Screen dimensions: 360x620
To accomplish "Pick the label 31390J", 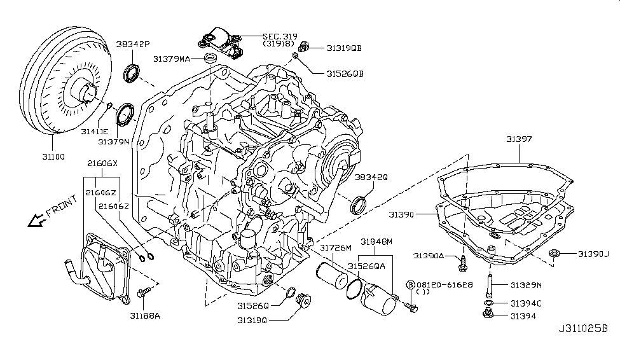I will click(x=593, y=254).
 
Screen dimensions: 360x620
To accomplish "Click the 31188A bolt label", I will click(x=144, y=314).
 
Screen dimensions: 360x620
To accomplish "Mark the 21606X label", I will click(x=102, y=163).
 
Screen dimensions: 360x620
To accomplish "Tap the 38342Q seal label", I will click(x=371, y=177).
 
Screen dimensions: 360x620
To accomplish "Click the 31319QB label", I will click(x=345, y=48).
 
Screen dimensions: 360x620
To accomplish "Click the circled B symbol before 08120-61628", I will click(x=411, y=284).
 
